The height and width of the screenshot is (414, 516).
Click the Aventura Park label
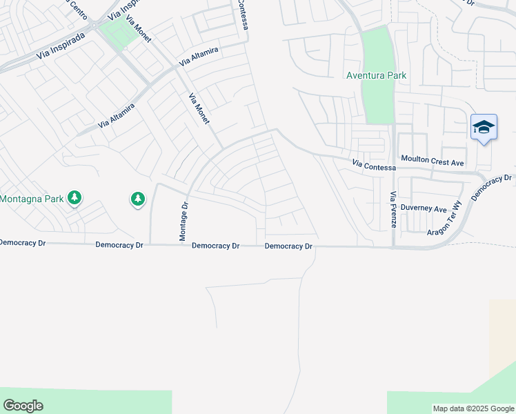click(376, 75)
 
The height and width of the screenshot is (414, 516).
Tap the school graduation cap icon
click(484, 128)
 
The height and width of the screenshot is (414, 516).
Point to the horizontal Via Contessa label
click(374, 166)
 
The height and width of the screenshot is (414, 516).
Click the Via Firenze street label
click(393, 210)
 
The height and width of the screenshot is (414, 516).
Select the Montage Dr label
click(183, 221)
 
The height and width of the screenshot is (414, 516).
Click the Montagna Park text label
click(32, 199)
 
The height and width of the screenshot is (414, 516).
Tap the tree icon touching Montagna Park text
click(74, 199)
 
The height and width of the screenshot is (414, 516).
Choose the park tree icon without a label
click(138, 199)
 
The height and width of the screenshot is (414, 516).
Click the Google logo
click(23, 406)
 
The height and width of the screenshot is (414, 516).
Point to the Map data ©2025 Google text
click(473, 408)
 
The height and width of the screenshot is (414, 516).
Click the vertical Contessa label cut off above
click(244, 15)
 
